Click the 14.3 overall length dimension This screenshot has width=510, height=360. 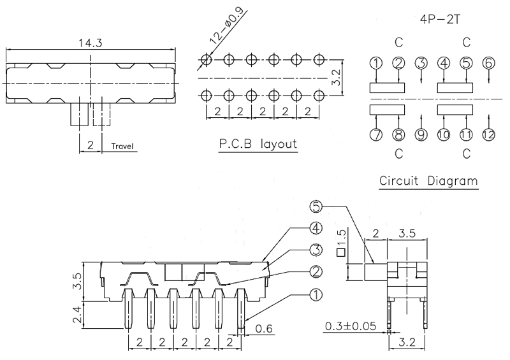click(89, 43)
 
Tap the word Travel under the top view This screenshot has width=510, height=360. click(122, 146)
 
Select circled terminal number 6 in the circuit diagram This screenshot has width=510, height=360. click(488, 62)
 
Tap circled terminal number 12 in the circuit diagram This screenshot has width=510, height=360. click(488, 135)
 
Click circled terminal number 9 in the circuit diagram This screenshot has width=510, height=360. click(421, 135)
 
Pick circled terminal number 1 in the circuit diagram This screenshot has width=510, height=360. click(376, 62)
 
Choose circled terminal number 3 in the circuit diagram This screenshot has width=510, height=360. click(421, 62)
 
